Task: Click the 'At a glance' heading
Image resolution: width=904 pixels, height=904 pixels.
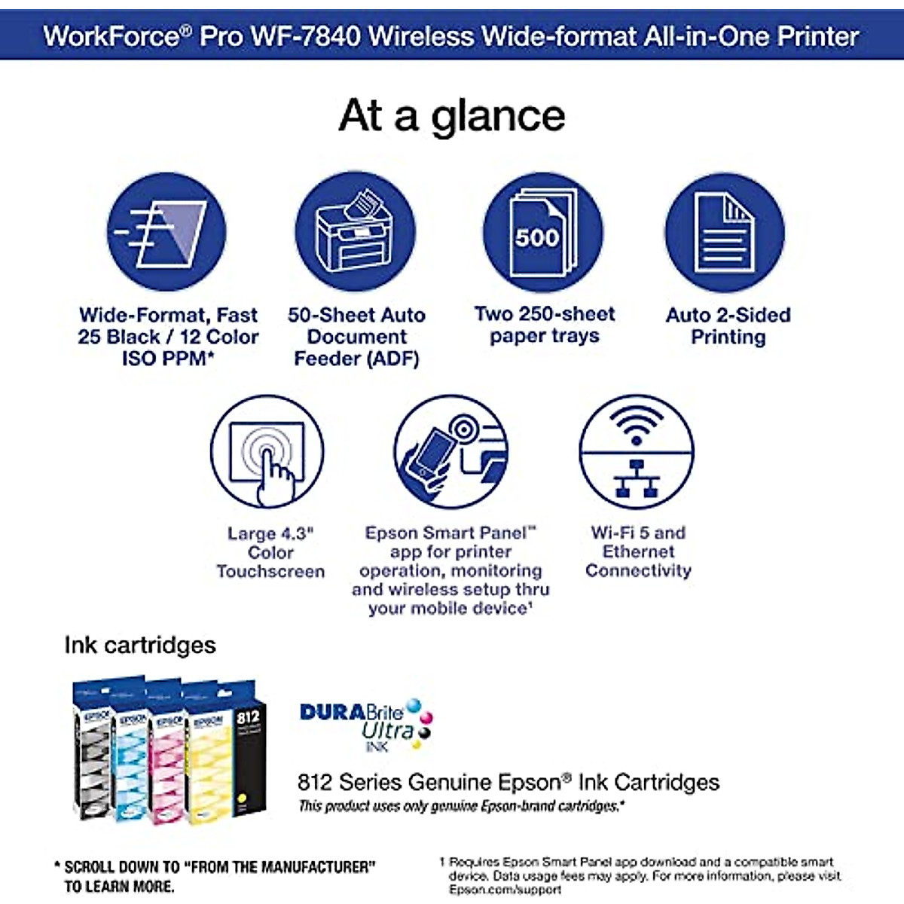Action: (x=452, y=117)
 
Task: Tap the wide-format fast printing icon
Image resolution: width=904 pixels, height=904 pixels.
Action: (x=166, y=232)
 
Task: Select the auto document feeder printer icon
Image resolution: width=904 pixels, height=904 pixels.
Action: (x=355, y=232)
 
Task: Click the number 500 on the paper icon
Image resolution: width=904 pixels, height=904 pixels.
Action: (x=537, y=237)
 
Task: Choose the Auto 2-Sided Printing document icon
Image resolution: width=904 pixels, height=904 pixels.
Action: (x=725, y=232)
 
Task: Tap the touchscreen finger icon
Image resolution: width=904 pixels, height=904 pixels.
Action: (x=268, y=452)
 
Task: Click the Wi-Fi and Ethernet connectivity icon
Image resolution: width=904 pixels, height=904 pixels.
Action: (x=637, y=452)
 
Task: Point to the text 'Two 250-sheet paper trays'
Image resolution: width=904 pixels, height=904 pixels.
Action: (x=544, y=325)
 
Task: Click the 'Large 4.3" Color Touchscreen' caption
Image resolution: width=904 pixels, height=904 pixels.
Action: (x=270, y=552)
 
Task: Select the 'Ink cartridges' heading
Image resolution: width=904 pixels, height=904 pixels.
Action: (x=140, y=646)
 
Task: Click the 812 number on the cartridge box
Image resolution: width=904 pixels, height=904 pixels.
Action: (x=248, y=717)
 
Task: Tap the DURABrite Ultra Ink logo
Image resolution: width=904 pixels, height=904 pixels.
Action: (x=366, y=723)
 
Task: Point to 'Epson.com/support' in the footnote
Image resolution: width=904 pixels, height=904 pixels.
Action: (x=505, y=890)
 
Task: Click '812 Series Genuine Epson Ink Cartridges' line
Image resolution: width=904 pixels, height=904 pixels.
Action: (x=508, y=782)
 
